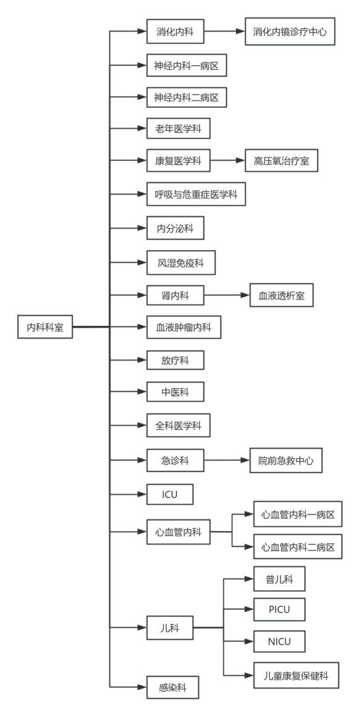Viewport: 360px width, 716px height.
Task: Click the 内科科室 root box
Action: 45,327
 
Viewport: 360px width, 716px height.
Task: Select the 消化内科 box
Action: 176,31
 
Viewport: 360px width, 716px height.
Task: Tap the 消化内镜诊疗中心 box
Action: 290,31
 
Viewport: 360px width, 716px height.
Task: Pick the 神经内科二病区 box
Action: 186,97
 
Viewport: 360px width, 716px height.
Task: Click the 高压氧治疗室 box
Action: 282,161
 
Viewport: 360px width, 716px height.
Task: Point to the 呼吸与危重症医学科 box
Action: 196,194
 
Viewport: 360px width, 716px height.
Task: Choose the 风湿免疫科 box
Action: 181,262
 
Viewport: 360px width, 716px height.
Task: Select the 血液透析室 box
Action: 282,295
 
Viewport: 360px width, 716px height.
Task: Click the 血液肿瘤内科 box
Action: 184,327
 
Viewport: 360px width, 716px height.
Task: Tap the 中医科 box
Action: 176,392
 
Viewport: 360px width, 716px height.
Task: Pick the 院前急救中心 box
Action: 286,460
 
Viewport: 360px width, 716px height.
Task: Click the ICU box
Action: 170,494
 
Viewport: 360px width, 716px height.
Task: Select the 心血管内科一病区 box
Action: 298,514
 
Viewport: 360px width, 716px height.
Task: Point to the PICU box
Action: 279,609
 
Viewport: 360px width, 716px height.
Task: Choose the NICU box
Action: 279,641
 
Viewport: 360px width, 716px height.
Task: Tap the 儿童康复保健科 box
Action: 297,675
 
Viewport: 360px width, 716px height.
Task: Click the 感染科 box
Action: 173,687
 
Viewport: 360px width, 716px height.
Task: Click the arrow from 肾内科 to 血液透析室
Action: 227,295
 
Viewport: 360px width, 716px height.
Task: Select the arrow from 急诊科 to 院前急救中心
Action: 227,460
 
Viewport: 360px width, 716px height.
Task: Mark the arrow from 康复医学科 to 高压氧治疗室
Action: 227,161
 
